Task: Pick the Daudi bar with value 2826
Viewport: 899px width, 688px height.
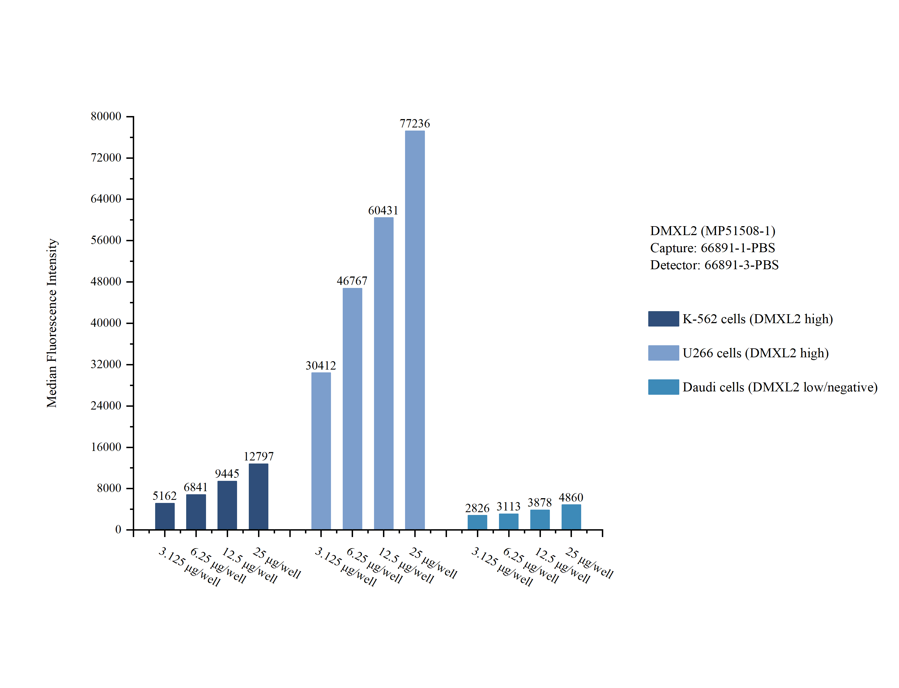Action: coord(477,522)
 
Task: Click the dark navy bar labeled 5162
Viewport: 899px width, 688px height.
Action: coord(165,516)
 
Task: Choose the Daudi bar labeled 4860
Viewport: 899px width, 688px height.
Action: coord(571,517)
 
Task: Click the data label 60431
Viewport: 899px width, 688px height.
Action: coord(383,211)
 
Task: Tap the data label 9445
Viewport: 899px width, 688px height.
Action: coord(227,474)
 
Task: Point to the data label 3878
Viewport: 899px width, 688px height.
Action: coord(540,502)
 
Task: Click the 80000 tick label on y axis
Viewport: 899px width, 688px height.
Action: coord(106,116)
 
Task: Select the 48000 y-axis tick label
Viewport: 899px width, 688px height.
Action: coord(106,281)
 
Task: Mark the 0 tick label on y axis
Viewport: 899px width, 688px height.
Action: coord(118,529)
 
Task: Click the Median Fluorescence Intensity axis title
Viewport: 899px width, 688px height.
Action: coord(52,323)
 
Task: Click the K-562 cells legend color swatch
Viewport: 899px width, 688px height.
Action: coord(663,319)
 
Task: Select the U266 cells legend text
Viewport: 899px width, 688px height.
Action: coord(756,353)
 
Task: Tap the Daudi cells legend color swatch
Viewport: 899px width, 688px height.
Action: coord(663,387)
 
